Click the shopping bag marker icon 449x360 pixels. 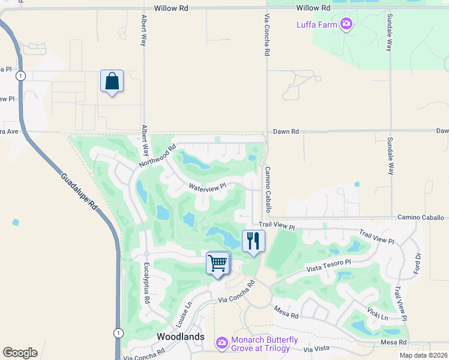[112, 81]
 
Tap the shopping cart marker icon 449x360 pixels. [218, 263]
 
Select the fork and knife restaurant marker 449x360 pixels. [253, 241]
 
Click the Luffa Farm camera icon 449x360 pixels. [346, 25]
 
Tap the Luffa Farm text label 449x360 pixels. [317, 25]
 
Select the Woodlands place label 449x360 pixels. [181, 337]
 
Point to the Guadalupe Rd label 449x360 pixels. [78, 191]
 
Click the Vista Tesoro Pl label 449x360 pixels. [328, 266]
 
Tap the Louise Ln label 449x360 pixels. [184, 314]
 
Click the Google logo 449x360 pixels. [20, 353]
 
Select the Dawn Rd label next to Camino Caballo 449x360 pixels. [286, 131]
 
